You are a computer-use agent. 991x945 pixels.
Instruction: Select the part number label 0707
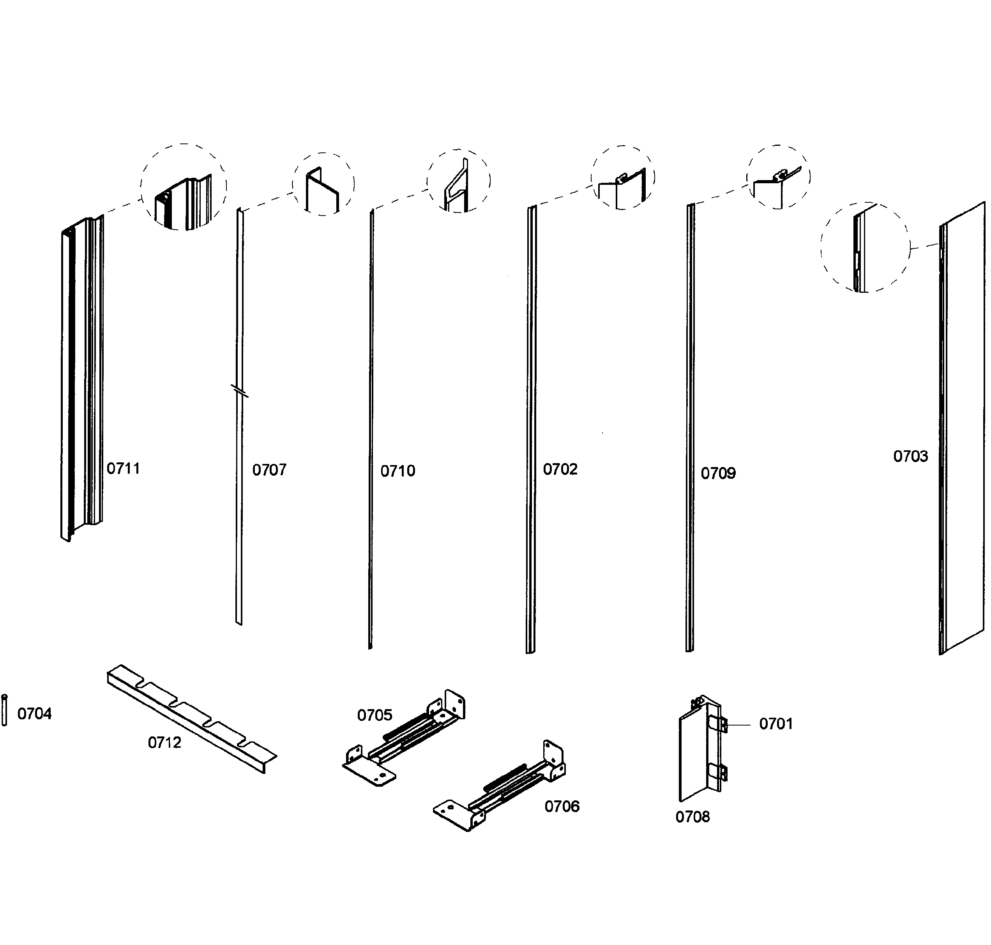coord(269,470)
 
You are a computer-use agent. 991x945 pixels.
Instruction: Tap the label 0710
coord(397,471)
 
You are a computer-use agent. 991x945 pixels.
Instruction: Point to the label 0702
coord(560,469)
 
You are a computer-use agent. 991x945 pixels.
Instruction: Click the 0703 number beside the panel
coord(910,457)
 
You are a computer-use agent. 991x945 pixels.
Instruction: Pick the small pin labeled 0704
coord(5,710)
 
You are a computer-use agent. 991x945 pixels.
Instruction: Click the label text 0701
coord(775,724)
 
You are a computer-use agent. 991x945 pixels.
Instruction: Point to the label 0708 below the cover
coord(692,817)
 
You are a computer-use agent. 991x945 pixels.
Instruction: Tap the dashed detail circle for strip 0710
coord(458,181)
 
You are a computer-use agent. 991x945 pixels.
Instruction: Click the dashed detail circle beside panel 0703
coord(865,247)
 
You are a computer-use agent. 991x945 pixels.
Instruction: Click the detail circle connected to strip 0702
coord(622,177)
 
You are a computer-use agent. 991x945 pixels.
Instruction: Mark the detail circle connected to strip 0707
coord(323,184)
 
